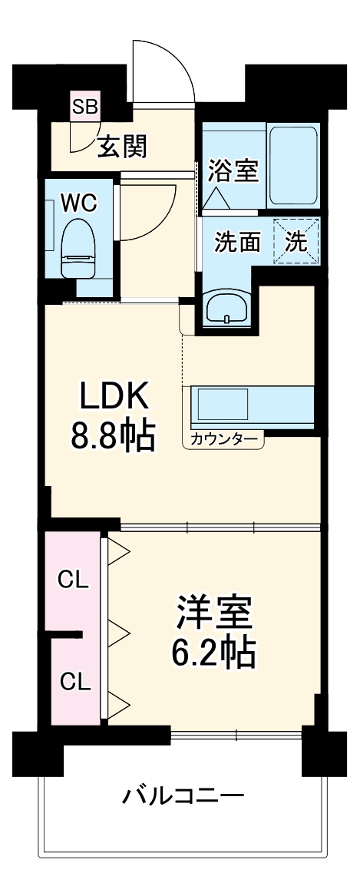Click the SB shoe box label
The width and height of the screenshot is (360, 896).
point(84,107)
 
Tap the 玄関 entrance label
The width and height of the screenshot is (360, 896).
point(122,145)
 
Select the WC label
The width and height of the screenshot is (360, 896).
point(79,203)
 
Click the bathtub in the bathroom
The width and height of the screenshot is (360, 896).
point(292,164)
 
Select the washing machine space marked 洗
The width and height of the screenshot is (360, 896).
point(296,241)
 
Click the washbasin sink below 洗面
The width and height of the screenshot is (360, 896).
point(227,306)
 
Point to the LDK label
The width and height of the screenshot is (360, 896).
point(114,398)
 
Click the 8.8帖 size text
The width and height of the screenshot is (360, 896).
point(114,437)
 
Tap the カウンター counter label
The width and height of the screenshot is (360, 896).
point(223,440)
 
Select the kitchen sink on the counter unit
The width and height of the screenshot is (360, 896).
point(222,402)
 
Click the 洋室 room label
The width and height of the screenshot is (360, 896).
point(213,614)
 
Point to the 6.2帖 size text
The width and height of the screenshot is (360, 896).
point(213,653)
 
